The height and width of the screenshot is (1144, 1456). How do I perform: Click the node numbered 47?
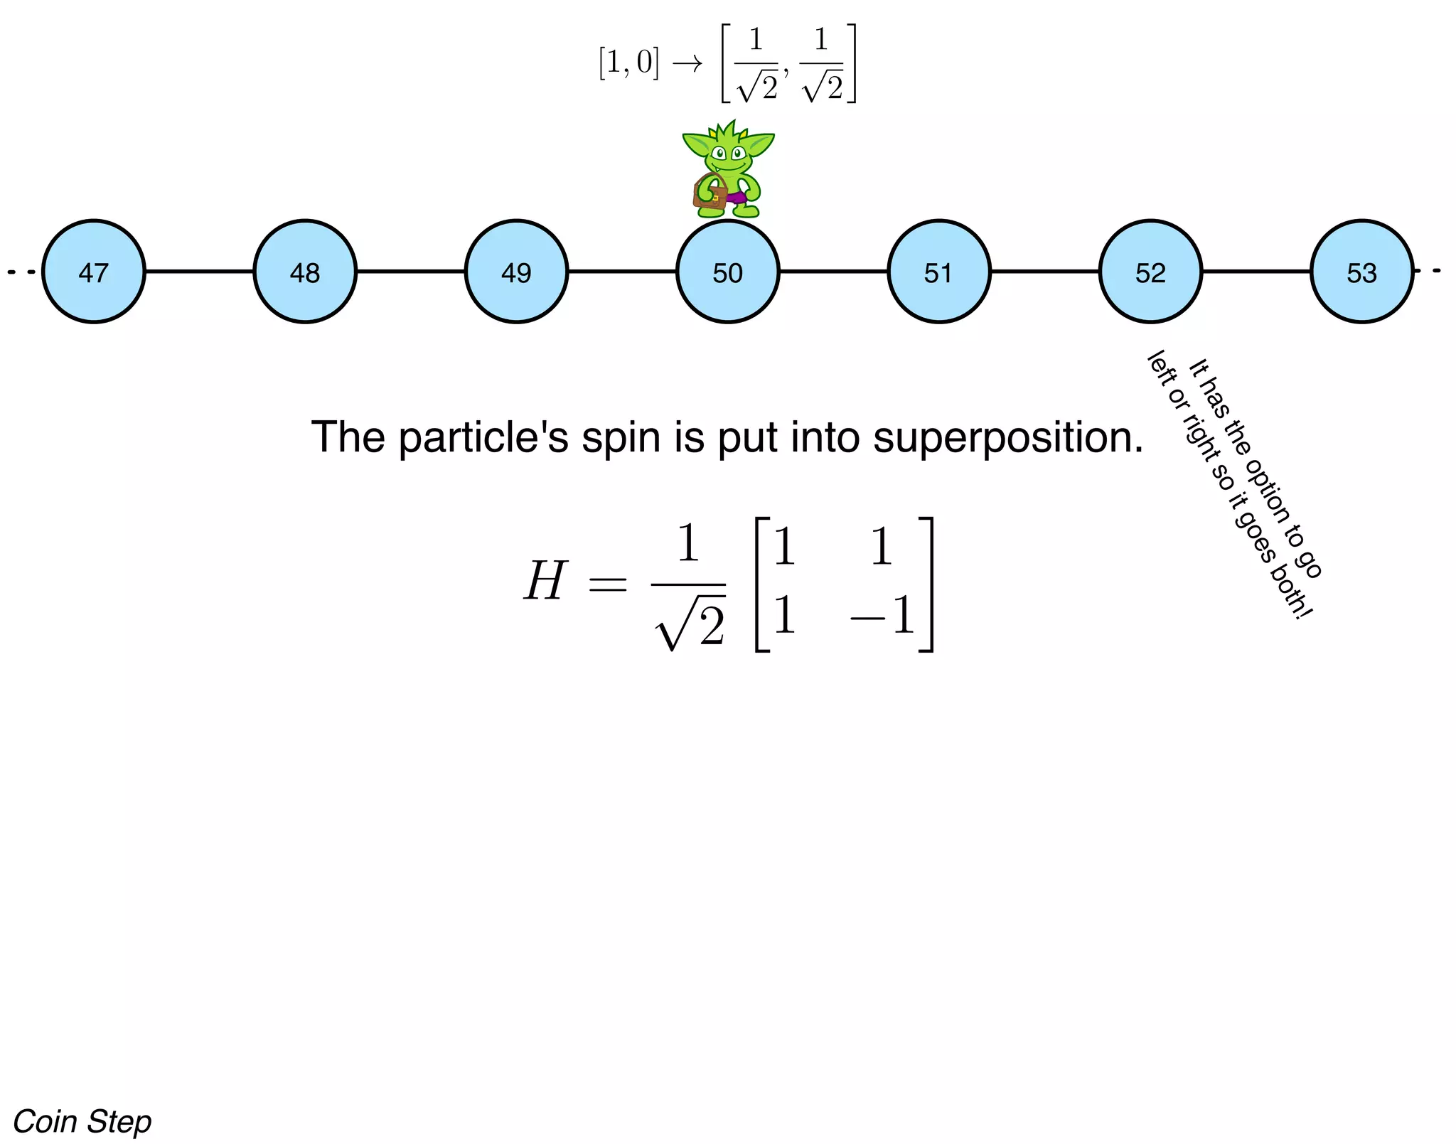(x=94, y=272)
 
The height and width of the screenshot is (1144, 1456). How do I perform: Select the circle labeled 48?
(x=305, y=272)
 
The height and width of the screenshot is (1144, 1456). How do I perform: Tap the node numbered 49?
(x=517, y=272)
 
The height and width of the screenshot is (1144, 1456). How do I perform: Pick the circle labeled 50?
(x=728, y=272)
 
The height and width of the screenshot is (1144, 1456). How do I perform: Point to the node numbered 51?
(x=939, y=272)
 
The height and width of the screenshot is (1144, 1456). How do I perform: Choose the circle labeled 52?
(x=1151, y=272)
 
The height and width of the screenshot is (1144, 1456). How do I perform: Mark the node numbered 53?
(x=1362, y=272)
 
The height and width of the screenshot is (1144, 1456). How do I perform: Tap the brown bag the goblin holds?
(x=710, y=193)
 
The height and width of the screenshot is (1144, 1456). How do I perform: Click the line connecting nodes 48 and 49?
(x=411, y=271)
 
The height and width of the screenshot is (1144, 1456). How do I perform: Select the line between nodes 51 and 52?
(x=1045, y=271)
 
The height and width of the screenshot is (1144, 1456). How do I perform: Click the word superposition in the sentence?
(x=1008, y=438)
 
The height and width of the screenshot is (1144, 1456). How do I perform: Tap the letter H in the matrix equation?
(x=545, y=582)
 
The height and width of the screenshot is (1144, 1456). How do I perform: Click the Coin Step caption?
(x=82, y=1122)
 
